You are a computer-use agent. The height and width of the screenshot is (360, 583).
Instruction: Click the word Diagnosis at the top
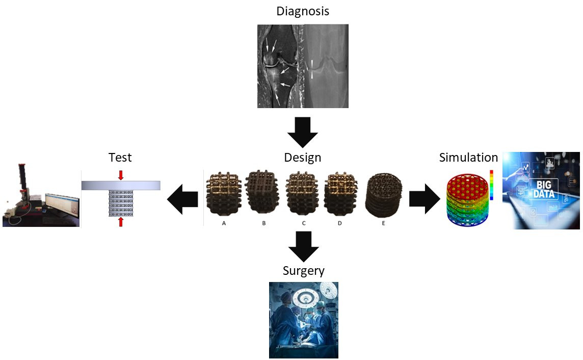click(x=303, y=11)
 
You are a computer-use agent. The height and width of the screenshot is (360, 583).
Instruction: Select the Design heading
click(x=303, y=158)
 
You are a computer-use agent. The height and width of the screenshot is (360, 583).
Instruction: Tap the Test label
click(x=120, y=158)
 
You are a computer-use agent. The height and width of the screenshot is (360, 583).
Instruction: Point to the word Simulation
click(x=468, y=158)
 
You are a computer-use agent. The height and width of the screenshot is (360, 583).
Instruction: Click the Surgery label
click(x=303, y=270)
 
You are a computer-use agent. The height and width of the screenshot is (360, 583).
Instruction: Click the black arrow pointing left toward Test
click(x=183, y=199)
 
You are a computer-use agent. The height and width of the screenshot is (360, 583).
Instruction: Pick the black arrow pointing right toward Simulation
click(x=425, y=199)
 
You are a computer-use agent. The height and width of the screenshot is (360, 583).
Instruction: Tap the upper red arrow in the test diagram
click(x=121, y=175)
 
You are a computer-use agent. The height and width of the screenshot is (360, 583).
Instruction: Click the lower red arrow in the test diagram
click(x=121, y=222)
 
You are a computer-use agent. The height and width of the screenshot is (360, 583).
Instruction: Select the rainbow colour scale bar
click(x=491, y=185)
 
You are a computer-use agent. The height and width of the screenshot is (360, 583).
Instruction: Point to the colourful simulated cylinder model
click(x=465, y=200)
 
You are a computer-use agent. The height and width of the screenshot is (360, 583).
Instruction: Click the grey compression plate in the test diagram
click(x=121, y=185)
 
